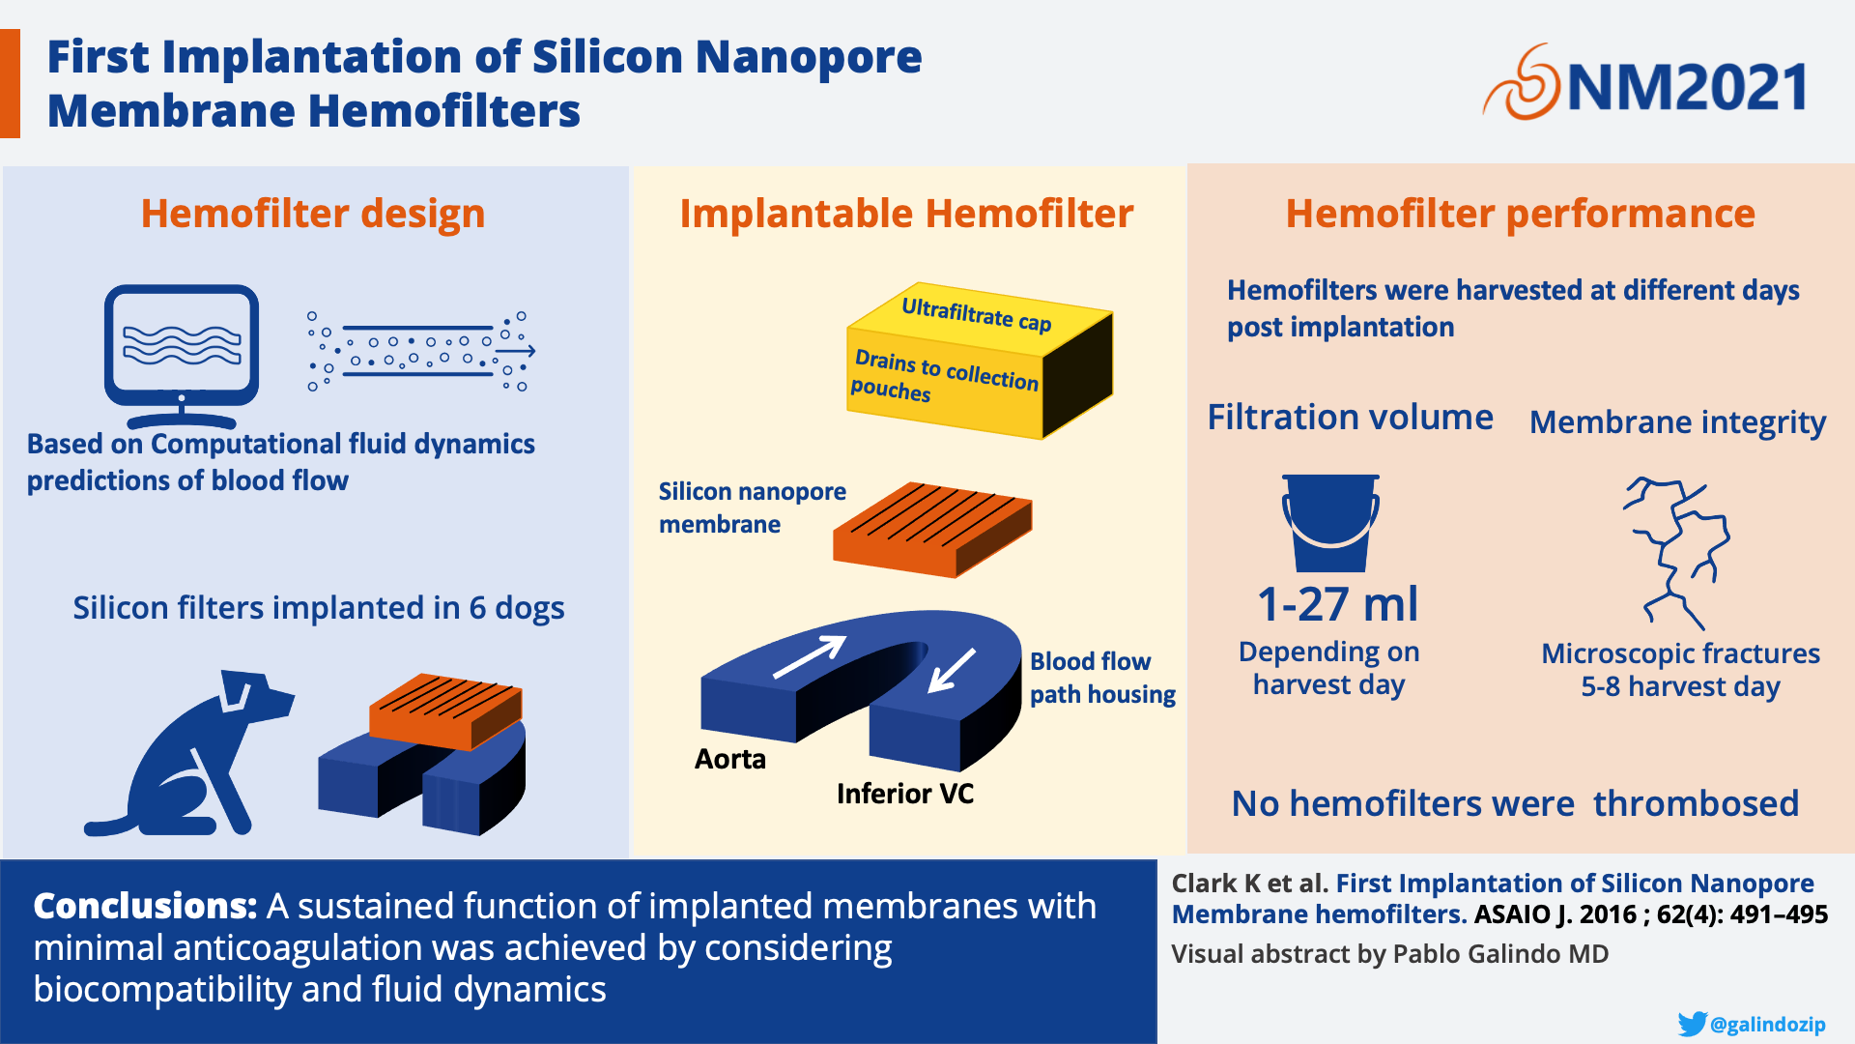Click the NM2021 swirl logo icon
(1521, 82)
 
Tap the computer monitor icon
(182, 356)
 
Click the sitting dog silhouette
(188, 752)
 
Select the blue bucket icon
(1330, 523)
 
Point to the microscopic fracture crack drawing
(1676, 552)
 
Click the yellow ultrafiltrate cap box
(980, 361)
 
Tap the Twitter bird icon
(1692, 1024)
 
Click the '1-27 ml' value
(1338, 604)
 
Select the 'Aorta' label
(730, 759)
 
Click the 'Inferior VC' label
(905, 794)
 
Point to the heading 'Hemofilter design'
(313, 214)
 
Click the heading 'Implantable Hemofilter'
(906, 214)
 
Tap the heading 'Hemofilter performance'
(1520, 214)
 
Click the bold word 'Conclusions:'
(145, 906)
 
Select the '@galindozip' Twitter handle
(1768, 1025)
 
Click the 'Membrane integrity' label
(1678, 422)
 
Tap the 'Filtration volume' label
(1351, 417)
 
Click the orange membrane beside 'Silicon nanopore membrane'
(932, 530)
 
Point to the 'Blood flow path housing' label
(1102, 678)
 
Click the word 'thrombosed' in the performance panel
(1697, 803)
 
